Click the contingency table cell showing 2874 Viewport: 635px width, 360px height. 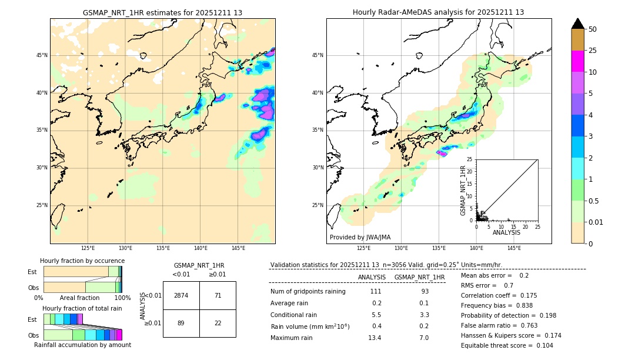coord(181,295)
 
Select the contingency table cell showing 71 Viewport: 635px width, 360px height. coord(218,295)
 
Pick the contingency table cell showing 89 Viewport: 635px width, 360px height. coord(181,323)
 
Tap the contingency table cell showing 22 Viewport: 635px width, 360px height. coord(218,323)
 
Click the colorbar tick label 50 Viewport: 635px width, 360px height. coord(593,29)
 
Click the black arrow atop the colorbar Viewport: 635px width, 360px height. coord(578,24)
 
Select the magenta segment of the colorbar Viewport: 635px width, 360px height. coord(578,61)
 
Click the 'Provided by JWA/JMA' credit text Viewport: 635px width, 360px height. coord(360,238)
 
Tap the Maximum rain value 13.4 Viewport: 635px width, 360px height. coord(375,338)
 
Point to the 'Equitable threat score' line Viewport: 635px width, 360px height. coord(507,345)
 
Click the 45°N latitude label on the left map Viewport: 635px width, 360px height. coord(42,55)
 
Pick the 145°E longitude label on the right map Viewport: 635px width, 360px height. coord(514,248)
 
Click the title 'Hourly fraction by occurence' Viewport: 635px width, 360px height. coord(82,261)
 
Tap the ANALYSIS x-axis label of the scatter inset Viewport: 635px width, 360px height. coord(506,232)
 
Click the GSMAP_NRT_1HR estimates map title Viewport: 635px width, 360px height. coord(162,12)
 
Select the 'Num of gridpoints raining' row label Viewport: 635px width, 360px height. coord(308,292)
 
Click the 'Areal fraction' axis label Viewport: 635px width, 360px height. coord(79,298)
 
